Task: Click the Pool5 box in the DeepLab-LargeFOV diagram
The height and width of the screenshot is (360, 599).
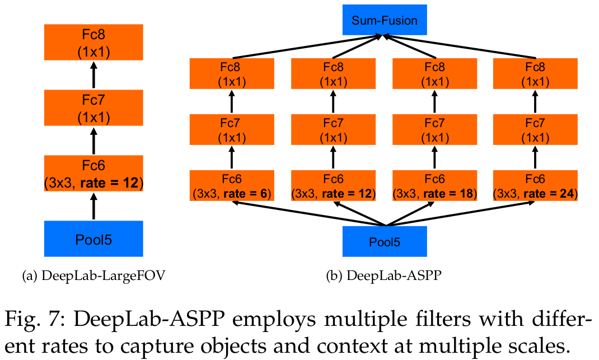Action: (94, 239)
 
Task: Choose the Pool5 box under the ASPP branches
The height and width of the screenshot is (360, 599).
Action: (385, 242)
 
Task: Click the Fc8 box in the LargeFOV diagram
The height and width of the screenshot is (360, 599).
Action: (94, 43)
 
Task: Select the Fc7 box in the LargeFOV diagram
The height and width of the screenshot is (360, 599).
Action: (94, 108)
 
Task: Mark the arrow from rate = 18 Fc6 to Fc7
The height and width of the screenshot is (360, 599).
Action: (434, 158)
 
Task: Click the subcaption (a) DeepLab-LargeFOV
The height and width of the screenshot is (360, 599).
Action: (93, 275)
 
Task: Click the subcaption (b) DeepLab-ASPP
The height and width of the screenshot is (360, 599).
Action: (385, 275)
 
